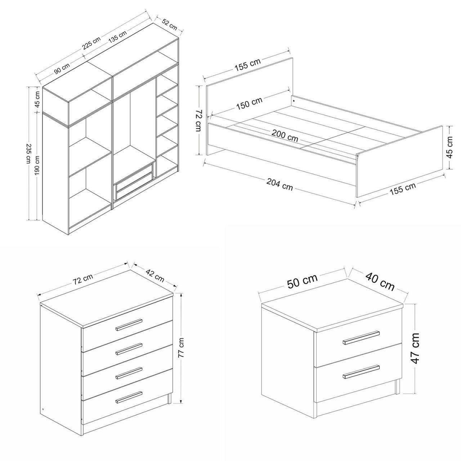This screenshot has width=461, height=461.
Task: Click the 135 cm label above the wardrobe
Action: (x=117, y=37)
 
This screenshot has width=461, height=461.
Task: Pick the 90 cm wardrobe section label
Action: (x=62, y=68)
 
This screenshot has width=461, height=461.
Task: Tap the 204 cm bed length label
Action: (x=280, y=184)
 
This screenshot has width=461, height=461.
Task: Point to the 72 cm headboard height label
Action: (x=198, y=121)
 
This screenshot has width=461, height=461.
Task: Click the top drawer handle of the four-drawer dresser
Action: (x=129, y=325)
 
